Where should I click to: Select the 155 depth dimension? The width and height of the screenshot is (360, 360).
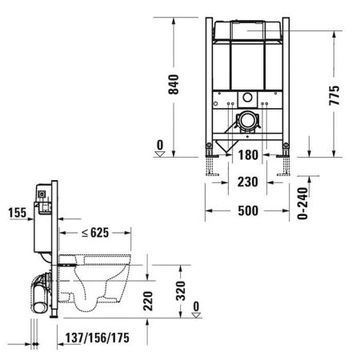pyautogui.click(x=16, y=213)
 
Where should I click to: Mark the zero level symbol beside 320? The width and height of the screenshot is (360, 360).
pyautogui.click(x=196, y=308)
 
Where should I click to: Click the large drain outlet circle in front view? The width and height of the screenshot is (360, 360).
pyautogui.click(x=248, y=123)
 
